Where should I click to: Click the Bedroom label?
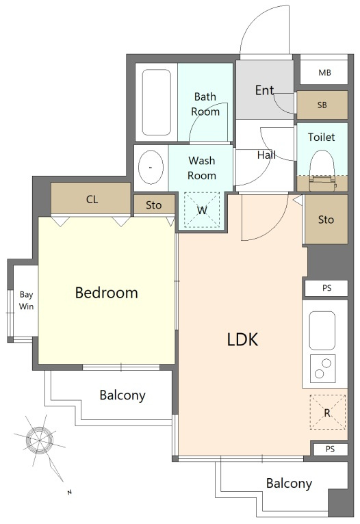point(106,293)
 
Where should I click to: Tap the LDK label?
point(243,339)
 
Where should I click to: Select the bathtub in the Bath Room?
point(157,102)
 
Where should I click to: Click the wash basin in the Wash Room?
point(151,168)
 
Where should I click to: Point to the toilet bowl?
point(322,170)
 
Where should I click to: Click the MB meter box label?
point(324,73)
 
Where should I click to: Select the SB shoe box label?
point(322,105)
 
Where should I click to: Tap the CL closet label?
point(92,200)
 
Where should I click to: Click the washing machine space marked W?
point(202,210)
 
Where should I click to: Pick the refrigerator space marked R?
point(327,412)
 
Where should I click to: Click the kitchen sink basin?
point(322,330)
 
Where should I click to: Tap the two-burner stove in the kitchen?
point(322,368)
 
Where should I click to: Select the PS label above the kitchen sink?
point(327,288)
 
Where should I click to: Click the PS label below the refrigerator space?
point(330,449)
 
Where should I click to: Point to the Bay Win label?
point(26,300)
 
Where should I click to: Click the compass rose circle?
point(40,440)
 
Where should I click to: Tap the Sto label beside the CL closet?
point(153,205)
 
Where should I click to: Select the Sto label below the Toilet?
point(326,220)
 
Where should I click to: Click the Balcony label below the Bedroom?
point(123,395)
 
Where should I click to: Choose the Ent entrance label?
point(264,90)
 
